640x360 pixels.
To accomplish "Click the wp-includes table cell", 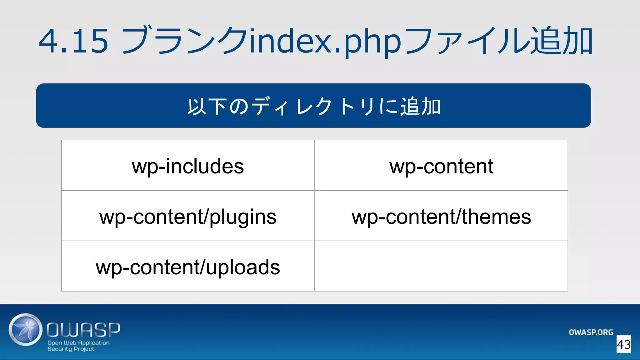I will click(x=188, y=166).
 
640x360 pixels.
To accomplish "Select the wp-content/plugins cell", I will click(x=188, y=217).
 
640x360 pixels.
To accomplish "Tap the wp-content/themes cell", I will click(x=441, y=217).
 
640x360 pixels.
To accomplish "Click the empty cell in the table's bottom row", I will click(x=441, y=266).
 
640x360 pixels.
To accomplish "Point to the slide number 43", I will click(x=623, y=344).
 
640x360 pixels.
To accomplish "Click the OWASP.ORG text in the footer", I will click(x=591, y=332).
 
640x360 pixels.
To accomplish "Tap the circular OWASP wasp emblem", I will click(x=25, y=330).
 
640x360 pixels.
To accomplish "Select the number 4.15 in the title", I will click(x=74, y=41).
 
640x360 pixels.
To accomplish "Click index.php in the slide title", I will click(x=325, y=41).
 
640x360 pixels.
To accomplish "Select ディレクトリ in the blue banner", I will click(x=312, y=107).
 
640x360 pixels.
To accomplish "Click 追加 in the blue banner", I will click(x=420, y=107).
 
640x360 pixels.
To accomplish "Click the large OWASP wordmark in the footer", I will click(x=83, y=330).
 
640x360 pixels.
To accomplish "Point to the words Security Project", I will click(x=71, y=349).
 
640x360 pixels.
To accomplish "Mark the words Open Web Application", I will click(x=78, y=343).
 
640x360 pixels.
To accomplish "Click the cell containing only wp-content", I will click(x=441, y=166).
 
